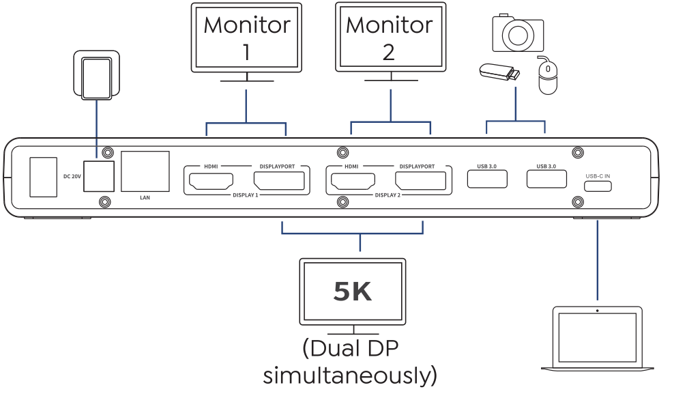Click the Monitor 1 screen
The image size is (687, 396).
pyautogui.click(x=246, y=38)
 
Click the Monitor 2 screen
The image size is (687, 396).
pyautogui.click(x=390, y=37)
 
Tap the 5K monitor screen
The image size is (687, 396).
pyautogui.click(x=353, y=292)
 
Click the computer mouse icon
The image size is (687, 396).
pyautogui.click(x=547, y=75)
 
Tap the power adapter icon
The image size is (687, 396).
pyautogui.click(x=96, y=78)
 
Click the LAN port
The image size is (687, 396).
pyautogui.click(x=145, y=171)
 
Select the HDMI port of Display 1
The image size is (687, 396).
pyautogui.click(x=211, y=181)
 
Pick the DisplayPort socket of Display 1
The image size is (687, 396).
pyautogui.click(x=280, y=181)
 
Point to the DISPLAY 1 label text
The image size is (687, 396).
pyautogui.click(x=245, y=195)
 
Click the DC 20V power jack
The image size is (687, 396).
pyautogui.click(x=98, y=176)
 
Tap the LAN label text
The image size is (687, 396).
pyautogui.click(x=144, y=198)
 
